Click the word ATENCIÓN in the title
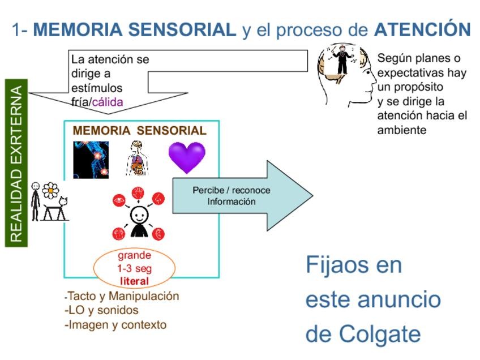422,29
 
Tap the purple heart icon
187,157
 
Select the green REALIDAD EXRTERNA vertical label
16,164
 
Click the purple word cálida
108,102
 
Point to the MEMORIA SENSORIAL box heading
139,131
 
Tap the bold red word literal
134,281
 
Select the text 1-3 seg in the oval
134,268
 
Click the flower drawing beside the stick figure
51,191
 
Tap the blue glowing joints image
91,160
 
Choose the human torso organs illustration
136,158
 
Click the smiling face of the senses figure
139,215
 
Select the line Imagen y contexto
117,325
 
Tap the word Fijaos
354,264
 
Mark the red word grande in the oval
134,255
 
